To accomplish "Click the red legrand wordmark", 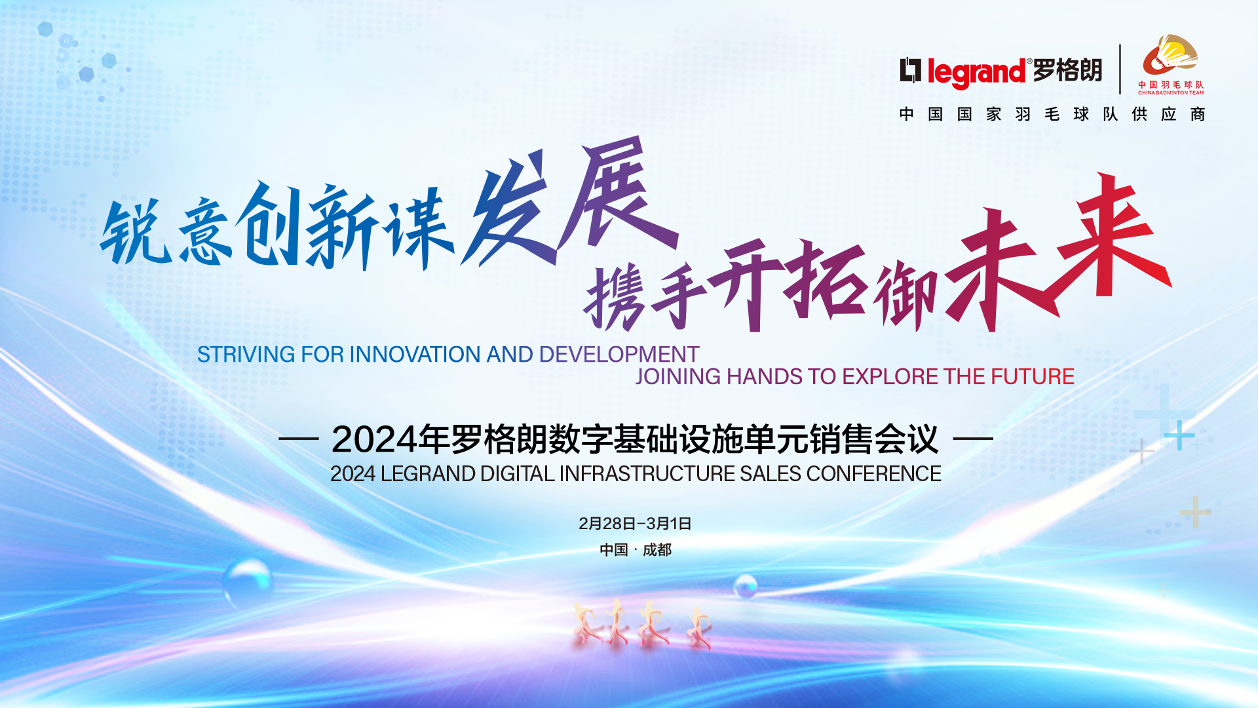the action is pos(976,72).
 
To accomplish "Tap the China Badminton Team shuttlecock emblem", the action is pos(1171,56).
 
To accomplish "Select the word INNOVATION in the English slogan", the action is pos(416,355).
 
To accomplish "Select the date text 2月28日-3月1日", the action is pos(635,524).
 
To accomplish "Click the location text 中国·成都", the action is pos(636,550).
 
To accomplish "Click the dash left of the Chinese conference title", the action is pos(299,439).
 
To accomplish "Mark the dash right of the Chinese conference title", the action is pos(973,439).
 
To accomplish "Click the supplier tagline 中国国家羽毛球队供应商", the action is pos(1052,115).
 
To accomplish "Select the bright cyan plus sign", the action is pos(1179,435).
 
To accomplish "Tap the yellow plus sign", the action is pos(1196,512).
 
